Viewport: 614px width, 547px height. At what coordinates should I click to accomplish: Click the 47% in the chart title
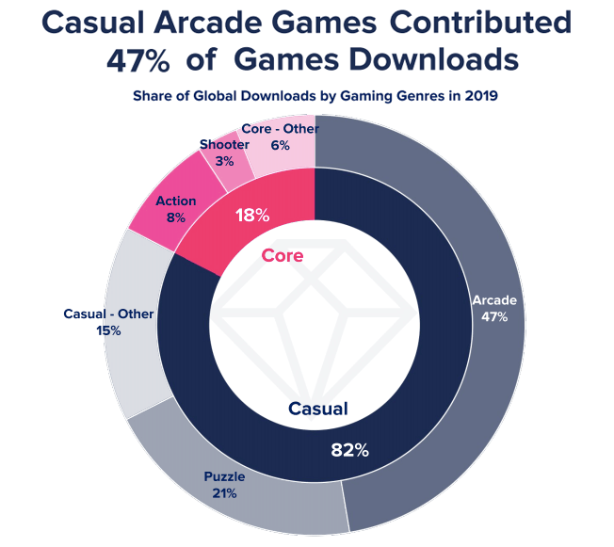[x=138, y=60]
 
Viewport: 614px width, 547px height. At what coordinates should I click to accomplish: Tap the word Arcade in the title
[x=208, y=23]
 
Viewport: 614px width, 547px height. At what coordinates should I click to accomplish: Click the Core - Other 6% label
[x=281, y=137]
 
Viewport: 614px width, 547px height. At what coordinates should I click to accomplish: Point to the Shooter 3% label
[x=224, y=153]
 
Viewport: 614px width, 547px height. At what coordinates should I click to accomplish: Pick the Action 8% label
[x=176, y=209]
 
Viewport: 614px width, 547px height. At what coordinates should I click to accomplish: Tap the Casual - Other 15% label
[x=108, y=322]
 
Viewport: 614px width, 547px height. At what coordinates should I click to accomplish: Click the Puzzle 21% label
[x=224, y=485]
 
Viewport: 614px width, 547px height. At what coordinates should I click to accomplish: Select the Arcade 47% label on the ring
[x=494, y=308]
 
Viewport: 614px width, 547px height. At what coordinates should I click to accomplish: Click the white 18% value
[x=252, y=216]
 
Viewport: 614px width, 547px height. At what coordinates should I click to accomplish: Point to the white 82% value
[x=349, y=450]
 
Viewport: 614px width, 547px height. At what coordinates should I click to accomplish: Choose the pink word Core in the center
[x=283, y=256]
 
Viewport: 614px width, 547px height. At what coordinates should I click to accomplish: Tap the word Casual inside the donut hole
[x=318, y=409]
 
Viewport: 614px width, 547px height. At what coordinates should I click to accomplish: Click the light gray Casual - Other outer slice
[x=133, y=325]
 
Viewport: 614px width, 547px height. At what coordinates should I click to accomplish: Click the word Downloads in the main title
[x=434, y=59]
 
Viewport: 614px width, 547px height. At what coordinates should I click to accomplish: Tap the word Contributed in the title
[x=481, y=22]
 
